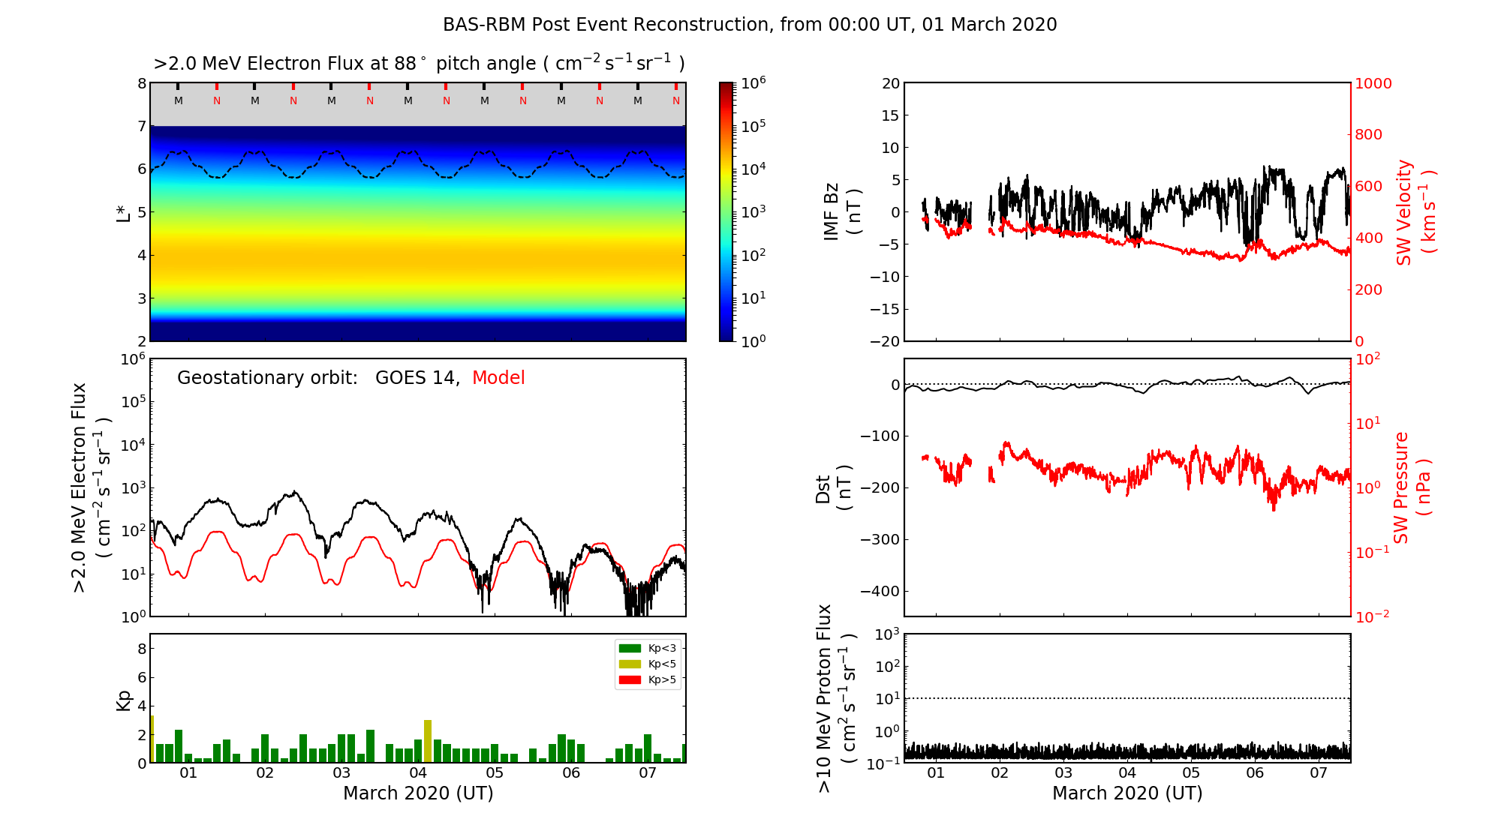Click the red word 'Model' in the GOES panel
[498, 378]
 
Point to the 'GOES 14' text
[417, 378]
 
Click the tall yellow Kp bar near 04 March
[428, 741]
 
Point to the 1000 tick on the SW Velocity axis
[1374, 83]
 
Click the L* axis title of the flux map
[124, 212]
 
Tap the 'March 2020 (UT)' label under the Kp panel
[418, 793]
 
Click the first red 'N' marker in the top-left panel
[217, 101]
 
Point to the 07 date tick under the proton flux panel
[1319, 773]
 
